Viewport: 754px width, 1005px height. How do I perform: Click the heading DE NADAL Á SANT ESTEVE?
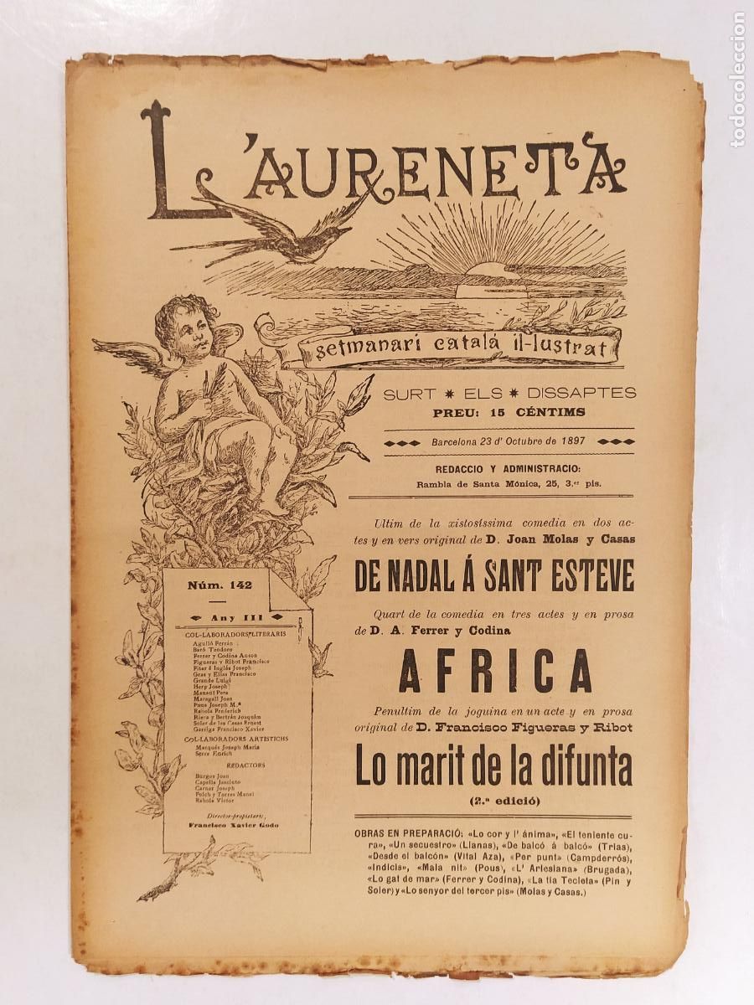tap(494, 576)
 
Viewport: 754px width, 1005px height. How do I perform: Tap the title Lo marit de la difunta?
tap(493, 767)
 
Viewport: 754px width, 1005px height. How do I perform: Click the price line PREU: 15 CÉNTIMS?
tap(509, 412)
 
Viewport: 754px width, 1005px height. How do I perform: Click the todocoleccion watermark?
tap(737, 80)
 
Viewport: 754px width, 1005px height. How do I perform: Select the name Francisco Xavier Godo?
tap(234, 824)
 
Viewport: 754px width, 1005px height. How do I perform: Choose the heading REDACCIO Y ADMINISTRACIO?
tap(508, 469)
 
